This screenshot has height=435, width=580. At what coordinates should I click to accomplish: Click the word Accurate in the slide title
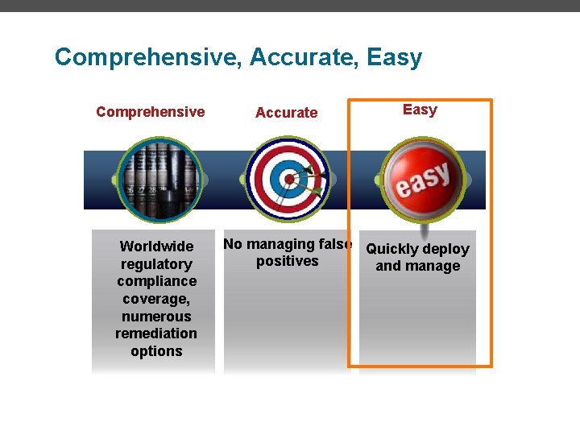click(x=304, y=58)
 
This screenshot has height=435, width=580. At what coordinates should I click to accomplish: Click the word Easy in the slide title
click(x=394, y=58)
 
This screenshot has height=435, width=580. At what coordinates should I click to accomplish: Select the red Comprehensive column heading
click(x=150, y=112)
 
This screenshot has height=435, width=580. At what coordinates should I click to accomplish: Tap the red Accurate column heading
click(x=286, y=113)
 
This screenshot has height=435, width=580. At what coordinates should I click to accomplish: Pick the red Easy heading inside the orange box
click(x=420, y=110)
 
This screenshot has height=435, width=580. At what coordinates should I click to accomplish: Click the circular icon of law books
click(x=157, y=179)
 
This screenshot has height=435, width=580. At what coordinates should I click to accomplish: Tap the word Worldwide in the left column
click(x=156, y=246)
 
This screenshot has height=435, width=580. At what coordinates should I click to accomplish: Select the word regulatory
click(x=156, y=264)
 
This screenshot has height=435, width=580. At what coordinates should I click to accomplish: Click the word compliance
click(x=156, y=281)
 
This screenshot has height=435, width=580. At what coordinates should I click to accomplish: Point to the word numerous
click(x=156, y=317)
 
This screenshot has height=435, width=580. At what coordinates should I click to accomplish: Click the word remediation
click(x=156, y=333)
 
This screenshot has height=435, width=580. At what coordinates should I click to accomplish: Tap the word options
click(x=156, y=351)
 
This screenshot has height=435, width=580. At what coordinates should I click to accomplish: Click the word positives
click(x=287, y=261)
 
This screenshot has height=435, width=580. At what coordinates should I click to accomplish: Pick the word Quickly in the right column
click(x=392, y=249)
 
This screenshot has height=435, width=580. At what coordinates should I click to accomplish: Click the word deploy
click(x=446, y=249)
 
